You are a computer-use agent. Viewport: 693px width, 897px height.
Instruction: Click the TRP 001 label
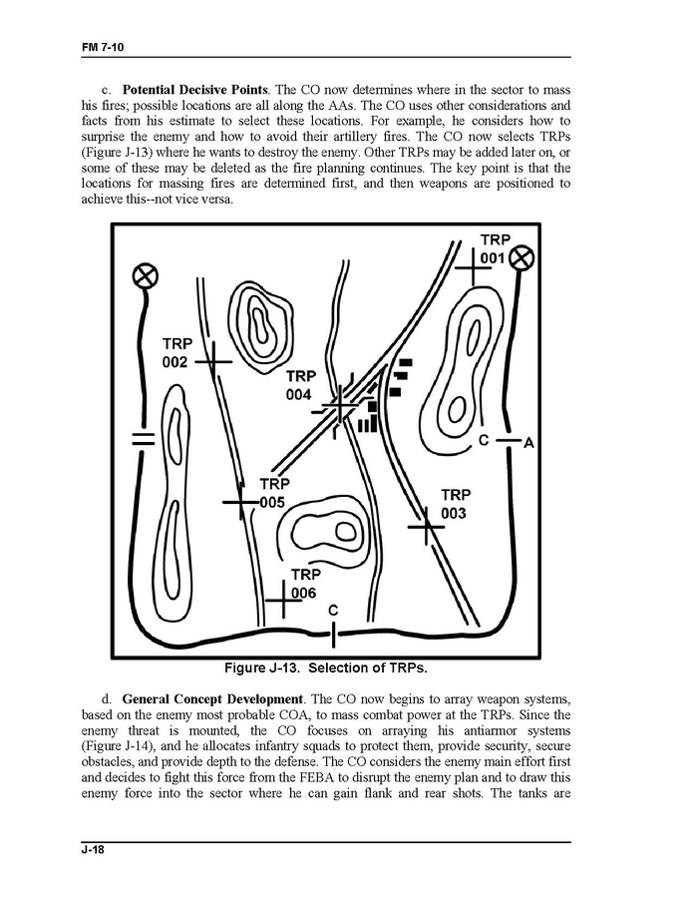(495, 249)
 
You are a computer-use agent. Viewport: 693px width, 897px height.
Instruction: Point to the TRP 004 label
(299, 385)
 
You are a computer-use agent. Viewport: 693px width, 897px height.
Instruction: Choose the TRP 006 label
(305, 584)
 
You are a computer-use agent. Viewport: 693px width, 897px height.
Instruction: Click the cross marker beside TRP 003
(427, 525)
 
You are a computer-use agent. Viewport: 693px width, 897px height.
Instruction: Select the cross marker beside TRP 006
(283, 602)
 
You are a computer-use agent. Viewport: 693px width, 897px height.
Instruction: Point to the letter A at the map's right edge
(528, 443)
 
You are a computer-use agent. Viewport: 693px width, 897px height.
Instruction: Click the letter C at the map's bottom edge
(333, 610)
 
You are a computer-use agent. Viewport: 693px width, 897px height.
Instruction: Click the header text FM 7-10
(105, 47)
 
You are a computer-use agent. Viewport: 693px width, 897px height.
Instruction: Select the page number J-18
(96, 851)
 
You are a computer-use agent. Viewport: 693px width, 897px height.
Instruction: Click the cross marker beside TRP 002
(214, 360)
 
